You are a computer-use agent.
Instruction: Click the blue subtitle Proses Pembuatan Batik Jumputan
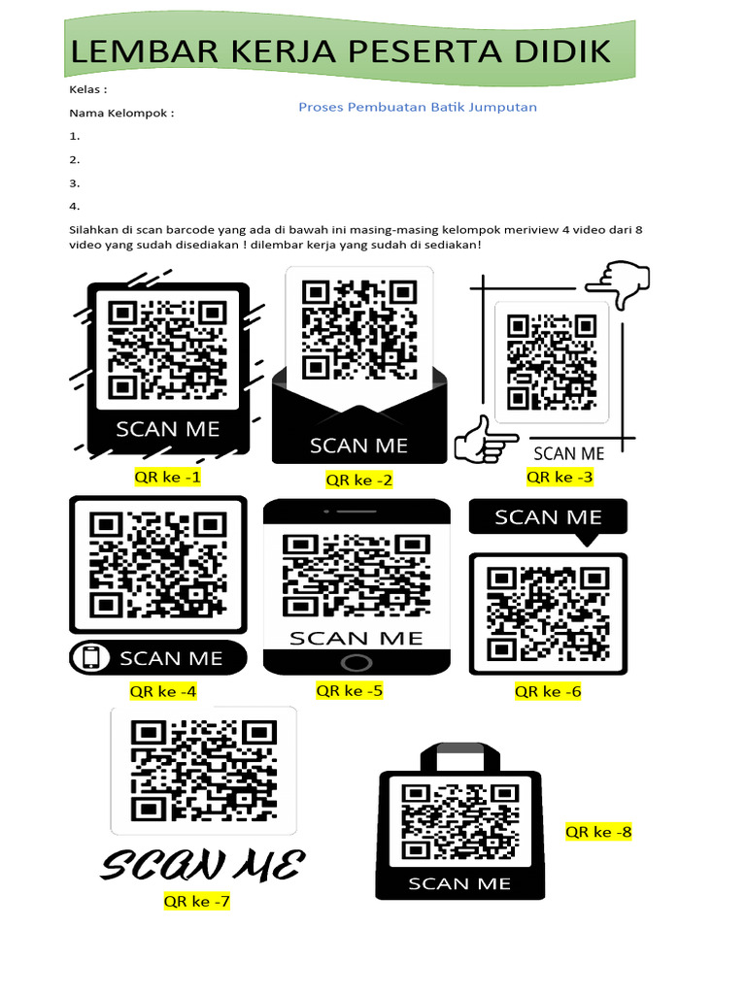417,107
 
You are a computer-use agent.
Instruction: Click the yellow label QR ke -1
168,477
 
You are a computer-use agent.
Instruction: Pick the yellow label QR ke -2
359,480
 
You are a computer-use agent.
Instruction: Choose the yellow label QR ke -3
559,477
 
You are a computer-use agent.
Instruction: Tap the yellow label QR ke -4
163,691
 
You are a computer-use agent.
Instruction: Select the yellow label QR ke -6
548,691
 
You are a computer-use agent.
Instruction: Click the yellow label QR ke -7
197,902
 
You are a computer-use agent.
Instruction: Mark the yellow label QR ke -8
598,832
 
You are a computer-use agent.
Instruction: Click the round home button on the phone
356,663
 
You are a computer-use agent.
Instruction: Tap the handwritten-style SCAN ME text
203,864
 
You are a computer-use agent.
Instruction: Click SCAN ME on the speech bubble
548,517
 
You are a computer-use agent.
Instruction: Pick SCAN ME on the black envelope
358,446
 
